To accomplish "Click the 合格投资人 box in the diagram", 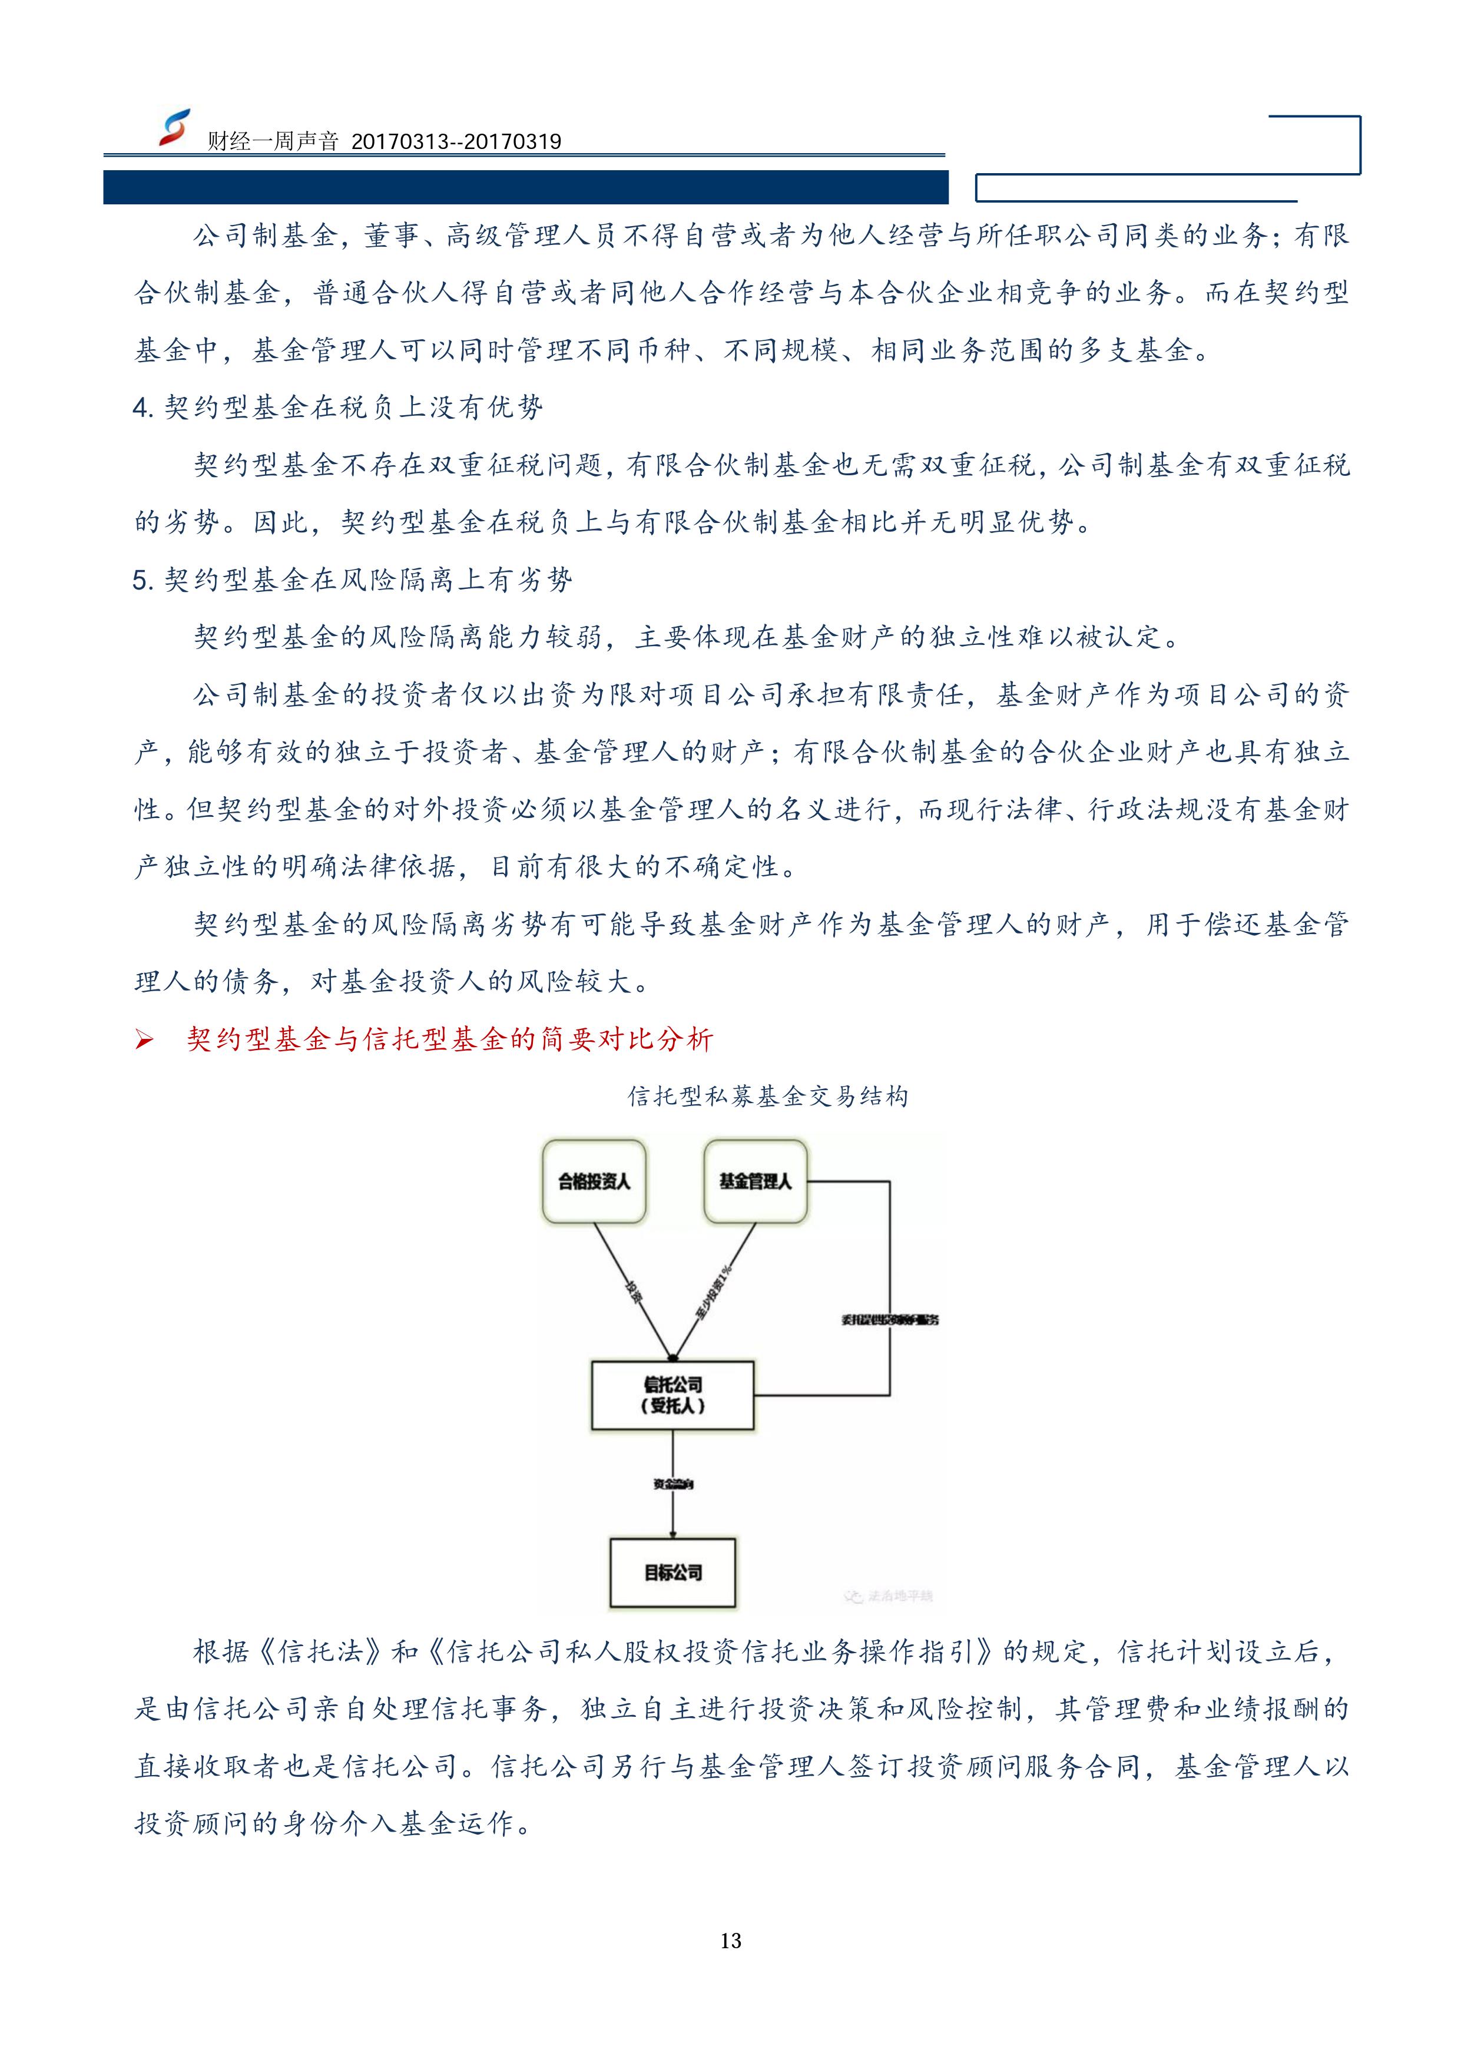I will tap(594, 1181).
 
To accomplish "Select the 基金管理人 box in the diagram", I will tap(755, 1181).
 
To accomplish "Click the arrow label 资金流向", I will tap(673, 1484).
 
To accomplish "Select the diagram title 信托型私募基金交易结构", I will tap(767, 1097).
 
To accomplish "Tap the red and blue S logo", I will tap(174, 128).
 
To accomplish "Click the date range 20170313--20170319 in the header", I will tap(456, 141).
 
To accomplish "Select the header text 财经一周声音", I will tap(273, 141).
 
